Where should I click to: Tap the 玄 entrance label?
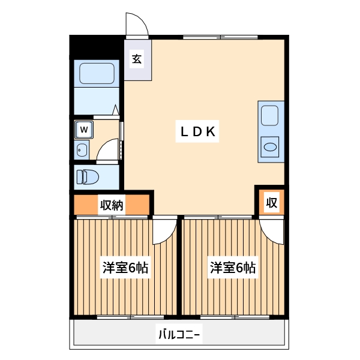tap(137, 59)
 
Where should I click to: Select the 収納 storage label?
tap(112, 205)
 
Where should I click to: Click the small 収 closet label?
tap(271, 203)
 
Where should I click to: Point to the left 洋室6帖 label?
tap(125, 268)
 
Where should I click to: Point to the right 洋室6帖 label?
tap(233, 268)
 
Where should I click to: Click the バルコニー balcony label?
tap(179, 334)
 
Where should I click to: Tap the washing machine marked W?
tap(84, 128)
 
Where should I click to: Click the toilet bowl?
tap(88, 176)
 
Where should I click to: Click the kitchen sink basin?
tap(269, 116)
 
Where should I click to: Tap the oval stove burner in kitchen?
tap(271, 146)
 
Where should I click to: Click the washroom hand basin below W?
tap(82, 149)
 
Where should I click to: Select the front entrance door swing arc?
tap(137, 24)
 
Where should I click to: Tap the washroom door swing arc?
tap(108, 150)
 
